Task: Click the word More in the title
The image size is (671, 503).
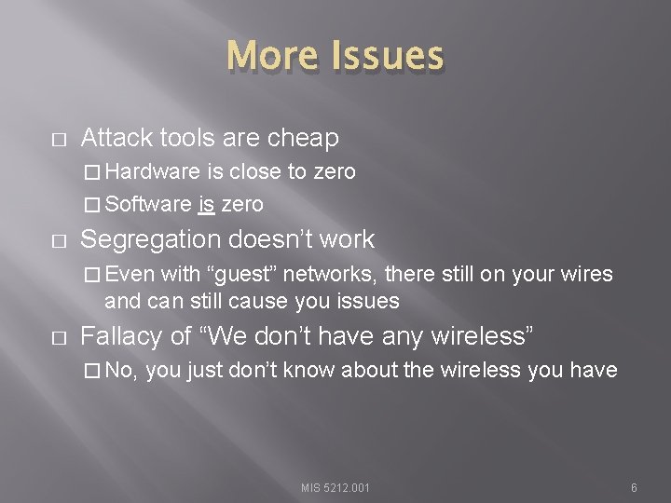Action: [x=270, y=56]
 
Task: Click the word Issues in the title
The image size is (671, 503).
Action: [x=385, y=56]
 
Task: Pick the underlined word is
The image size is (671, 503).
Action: [x=206, y=204]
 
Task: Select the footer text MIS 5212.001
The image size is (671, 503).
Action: [x=335, y=487]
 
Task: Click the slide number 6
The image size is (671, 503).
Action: [x=634, y=487]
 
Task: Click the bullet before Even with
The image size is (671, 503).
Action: [x=89, y=275]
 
